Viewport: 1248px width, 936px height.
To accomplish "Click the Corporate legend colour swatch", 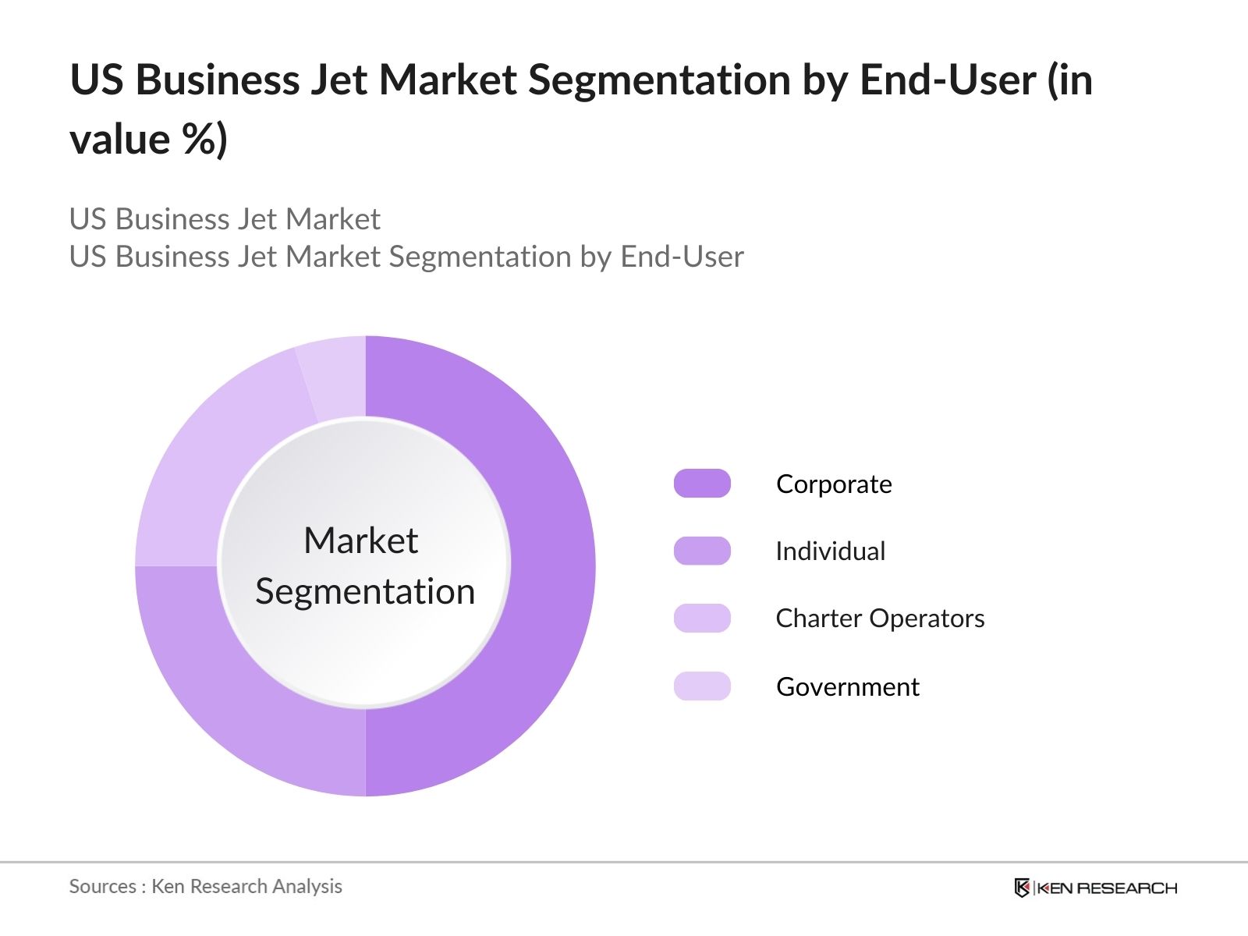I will (702, 484).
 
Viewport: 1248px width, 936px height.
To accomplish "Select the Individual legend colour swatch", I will (702, 551).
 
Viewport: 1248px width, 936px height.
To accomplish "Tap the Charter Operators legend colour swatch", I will (702, 619).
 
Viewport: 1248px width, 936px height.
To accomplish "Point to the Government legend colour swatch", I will (702, 686).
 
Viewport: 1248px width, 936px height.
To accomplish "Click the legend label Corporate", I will (834, 484).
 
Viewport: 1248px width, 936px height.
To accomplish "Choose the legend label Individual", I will (830, 551).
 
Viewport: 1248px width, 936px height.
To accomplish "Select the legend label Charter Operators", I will (880, 619).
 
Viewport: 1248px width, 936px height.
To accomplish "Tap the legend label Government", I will (848, 687).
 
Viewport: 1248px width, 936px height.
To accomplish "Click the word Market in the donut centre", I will (360, 541).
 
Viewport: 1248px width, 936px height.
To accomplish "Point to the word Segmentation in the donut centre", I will (365, 592).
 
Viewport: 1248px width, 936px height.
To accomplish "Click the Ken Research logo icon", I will (1022, 888).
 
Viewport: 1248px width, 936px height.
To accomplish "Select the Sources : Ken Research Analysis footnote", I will (205, 887).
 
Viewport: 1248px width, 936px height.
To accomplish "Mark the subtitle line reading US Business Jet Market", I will (225, 219).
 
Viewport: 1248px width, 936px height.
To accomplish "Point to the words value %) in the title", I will (148, 140).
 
